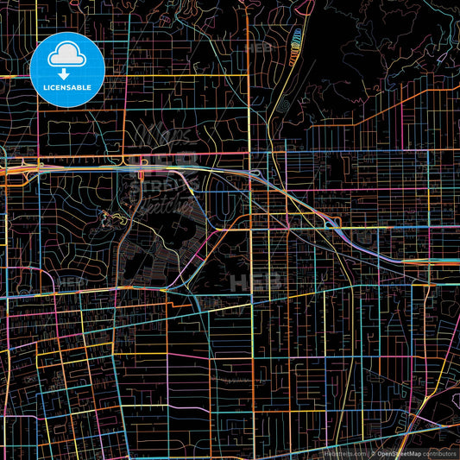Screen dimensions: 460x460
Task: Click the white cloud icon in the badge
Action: [66, 57]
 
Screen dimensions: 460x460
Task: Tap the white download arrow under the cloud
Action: [66, 72]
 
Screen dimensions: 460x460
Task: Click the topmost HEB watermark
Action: [258, 49]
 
